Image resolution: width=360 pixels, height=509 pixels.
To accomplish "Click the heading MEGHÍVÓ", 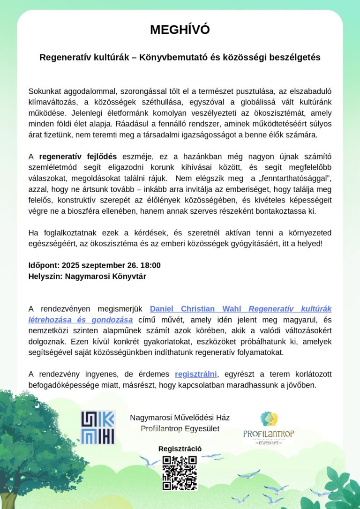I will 180,30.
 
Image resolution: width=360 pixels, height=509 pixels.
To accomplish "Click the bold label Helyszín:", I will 45,276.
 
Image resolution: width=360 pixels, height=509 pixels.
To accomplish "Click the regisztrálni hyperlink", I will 196,374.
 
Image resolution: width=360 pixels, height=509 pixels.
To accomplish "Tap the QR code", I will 180,473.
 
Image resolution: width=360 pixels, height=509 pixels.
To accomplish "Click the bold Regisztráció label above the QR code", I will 180,449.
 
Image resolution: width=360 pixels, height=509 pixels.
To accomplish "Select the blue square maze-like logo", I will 98,427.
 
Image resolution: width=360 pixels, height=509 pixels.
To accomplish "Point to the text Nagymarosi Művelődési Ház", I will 180,418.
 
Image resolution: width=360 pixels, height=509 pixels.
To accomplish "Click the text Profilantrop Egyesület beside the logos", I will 180,428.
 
